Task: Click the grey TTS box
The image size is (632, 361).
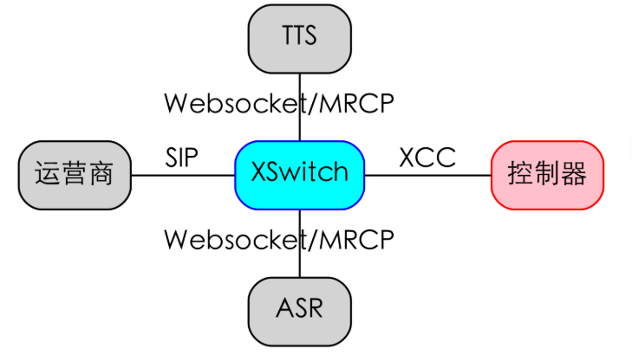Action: point(299,36)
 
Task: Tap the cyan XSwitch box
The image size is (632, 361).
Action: point(299,173)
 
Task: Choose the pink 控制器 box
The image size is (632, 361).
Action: point(547,174)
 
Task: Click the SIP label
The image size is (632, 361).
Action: point(182,158)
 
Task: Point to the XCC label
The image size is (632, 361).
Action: point(427,158)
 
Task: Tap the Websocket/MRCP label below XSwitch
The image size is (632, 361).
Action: point(279,238)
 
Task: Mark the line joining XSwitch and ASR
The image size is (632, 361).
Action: point(299,260)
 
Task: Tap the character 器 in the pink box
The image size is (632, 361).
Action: point(573,174)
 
